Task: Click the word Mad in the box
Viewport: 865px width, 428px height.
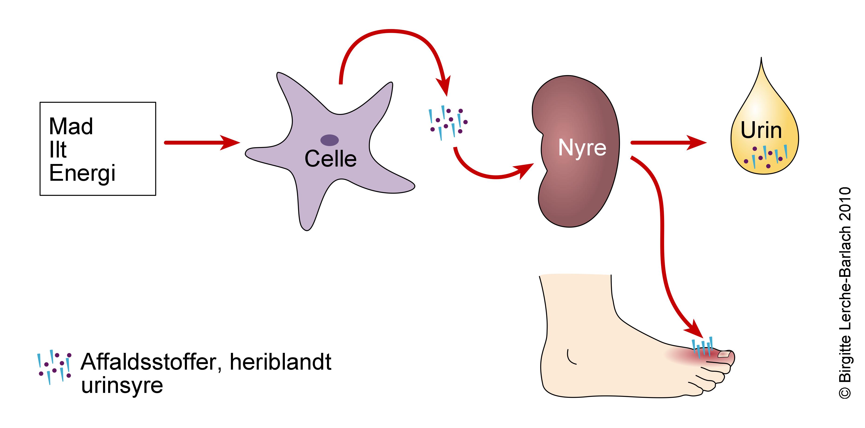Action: click(x=71, y=126)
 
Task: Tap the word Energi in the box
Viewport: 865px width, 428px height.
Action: click(x=82, y=173)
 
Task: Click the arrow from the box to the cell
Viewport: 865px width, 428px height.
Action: click(x=201, y=142)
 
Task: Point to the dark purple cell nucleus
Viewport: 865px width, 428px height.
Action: click(x=329, y=140)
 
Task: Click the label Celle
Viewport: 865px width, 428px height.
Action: click(x=330, y=159)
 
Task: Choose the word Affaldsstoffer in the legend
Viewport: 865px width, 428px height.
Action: click(x=150, y=362)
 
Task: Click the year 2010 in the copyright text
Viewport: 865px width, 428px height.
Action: click(x=845, y=204)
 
